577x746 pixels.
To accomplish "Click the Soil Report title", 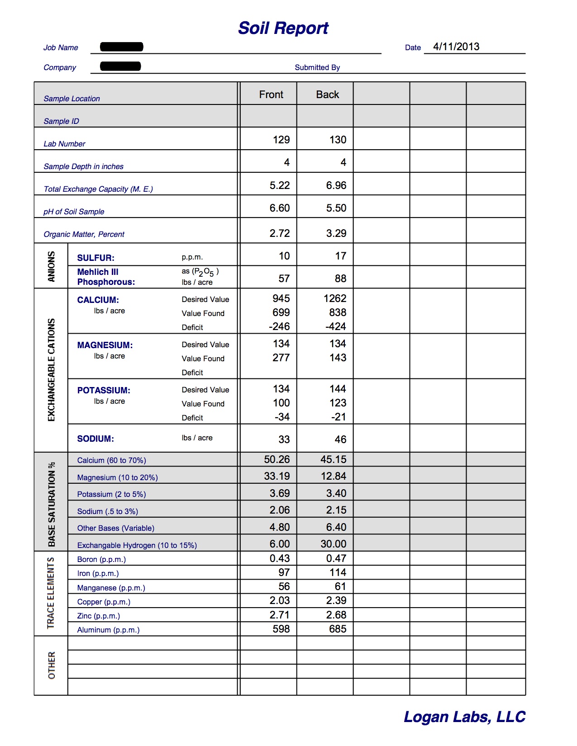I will tap(283, 28).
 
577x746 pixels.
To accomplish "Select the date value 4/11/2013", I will tap(456, 47).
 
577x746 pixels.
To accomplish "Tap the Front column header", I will tap(271, 94).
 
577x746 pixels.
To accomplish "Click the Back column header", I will tap(328, 94).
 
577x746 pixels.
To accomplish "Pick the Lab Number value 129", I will tap(281, 140).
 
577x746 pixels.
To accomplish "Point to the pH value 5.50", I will tap(336, 208).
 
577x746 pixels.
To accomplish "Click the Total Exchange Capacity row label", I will tap(98, 189).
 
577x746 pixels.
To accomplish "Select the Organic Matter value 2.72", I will tap(280, 233).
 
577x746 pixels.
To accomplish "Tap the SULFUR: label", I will tap(96, 258).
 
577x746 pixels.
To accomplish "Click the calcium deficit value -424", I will tap(336, 326).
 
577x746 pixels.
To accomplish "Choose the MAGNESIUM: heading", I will tap(105, 345).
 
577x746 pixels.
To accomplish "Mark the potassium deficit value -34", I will tap(282, 417).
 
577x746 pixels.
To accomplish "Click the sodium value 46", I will tap(340, 439).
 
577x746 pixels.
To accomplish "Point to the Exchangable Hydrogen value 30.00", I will tap(334, 544).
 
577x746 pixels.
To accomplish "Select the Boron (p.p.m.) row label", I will tap(101, 559).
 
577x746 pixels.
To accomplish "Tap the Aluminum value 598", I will tap(281, 629).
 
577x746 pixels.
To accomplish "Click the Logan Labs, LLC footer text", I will tap(464, 717).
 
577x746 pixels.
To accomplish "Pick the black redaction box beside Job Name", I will tap(122, 47).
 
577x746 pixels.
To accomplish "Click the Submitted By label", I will tap(317, 67).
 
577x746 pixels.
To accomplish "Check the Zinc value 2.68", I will tap(336, 615).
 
